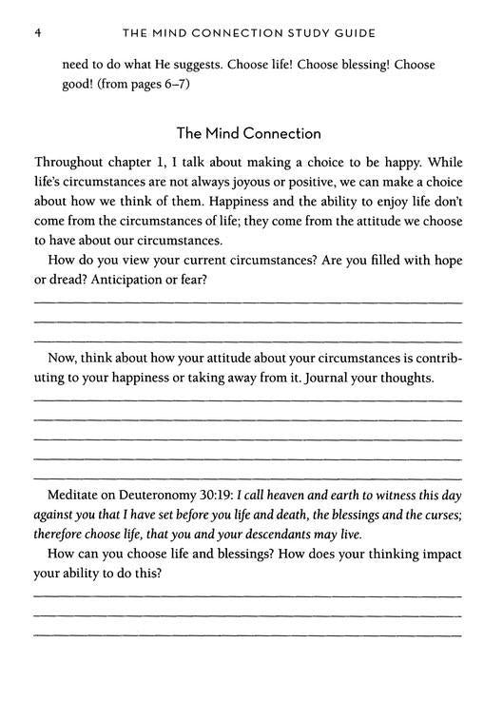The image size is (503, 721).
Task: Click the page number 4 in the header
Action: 36,33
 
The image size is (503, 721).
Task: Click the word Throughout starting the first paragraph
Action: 72,163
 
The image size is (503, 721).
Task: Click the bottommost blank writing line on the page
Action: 248,635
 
